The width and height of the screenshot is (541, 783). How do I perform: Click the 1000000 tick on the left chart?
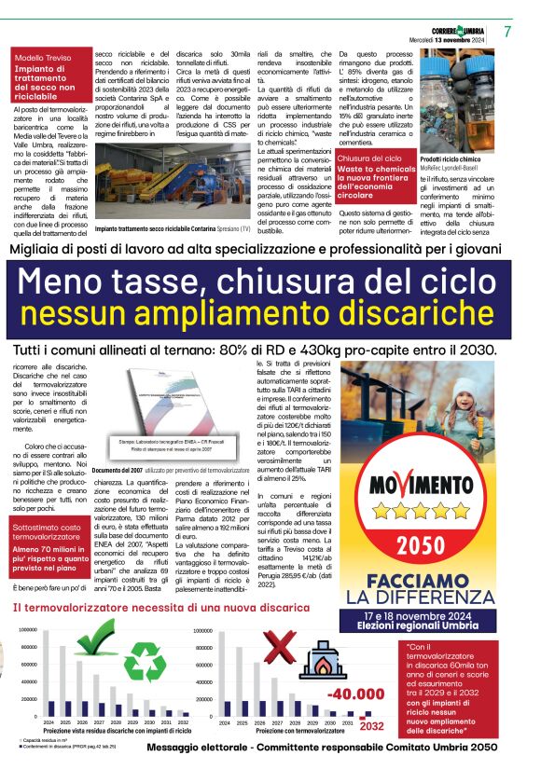tap(29, 631)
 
